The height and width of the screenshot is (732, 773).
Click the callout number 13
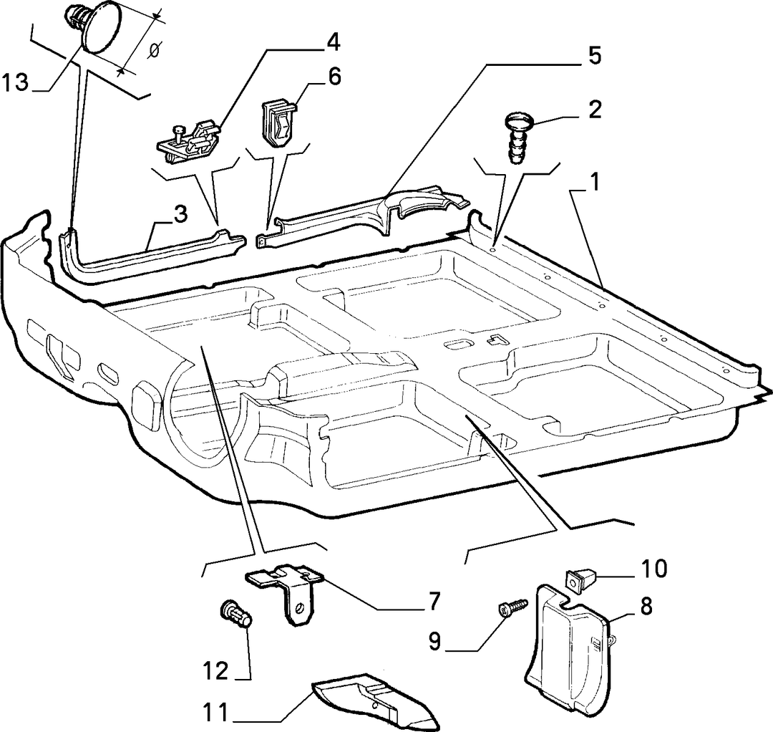[15, 82]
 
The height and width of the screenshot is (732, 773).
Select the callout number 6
[335, 77]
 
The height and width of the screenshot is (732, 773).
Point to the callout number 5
[595, 57]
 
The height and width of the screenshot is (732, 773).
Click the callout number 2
[595, 109]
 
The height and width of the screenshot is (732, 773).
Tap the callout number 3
[180, 215]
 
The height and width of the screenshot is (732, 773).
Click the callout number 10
[654, 569]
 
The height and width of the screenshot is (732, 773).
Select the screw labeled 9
[512, 607]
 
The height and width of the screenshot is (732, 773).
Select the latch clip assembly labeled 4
[188, 140]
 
